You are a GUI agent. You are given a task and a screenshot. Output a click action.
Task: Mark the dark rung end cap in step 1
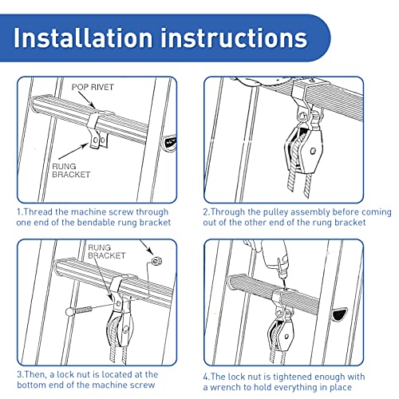(x=168, y=144)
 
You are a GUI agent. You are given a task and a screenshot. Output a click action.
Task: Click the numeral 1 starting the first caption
(x=18, y=212)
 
